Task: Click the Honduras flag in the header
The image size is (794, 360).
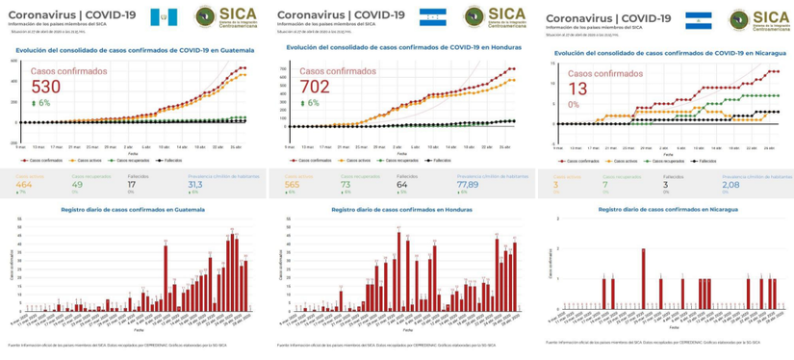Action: click(432, 15)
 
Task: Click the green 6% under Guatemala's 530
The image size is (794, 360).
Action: click(41, 103)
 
